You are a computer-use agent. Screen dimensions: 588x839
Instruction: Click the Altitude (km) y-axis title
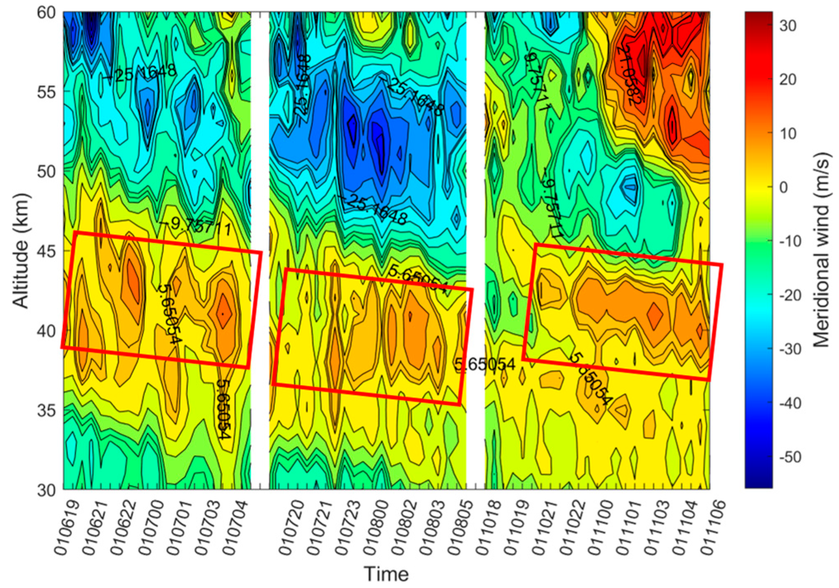point(21,251)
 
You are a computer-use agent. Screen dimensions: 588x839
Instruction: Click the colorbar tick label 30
point(787,26)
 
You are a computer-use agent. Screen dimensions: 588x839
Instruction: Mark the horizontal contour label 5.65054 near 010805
point(485,365)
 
